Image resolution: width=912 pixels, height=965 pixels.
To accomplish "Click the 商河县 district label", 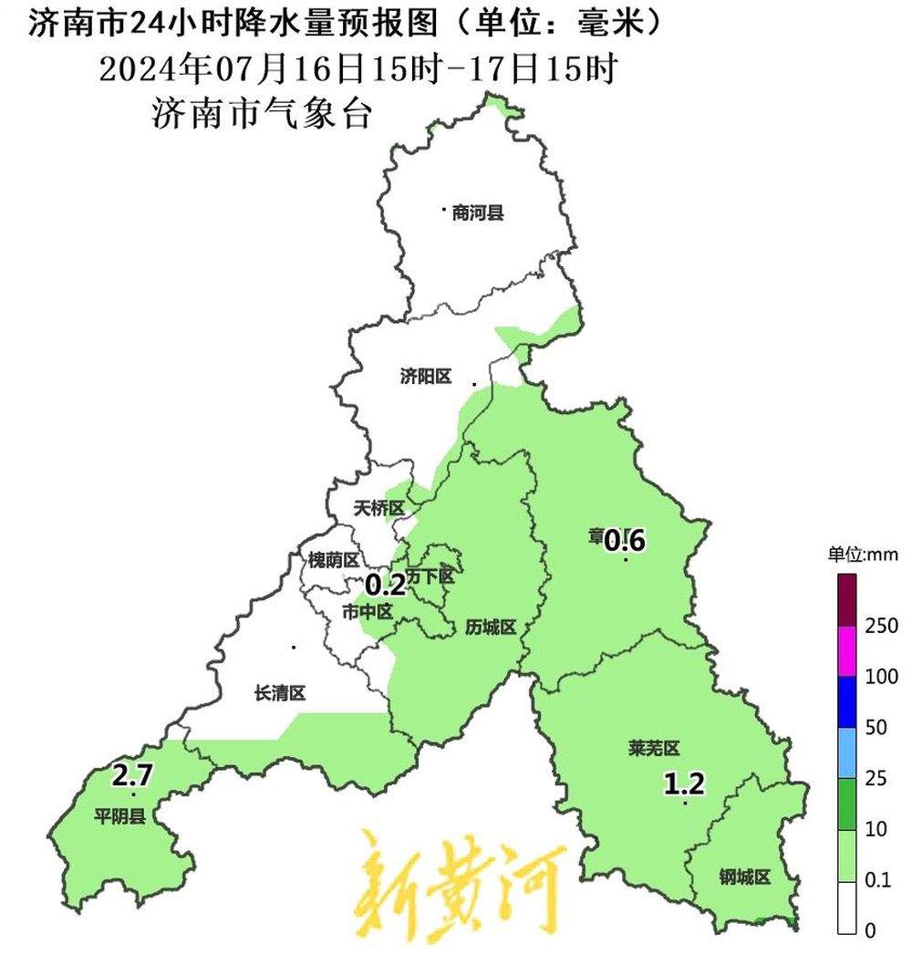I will (x=478, y=214).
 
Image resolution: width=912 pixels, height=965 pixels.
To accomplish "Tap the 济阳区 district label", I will (x=426, y=377).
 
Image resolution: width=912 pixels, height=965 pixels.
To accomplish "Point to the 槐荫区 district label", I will (x=333, y=560).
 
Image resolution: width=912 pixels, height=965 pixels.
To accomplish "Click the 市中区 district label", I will (x=367, y=612).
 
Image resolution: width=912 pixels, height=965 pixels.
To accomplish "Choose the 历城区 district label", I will (x=491, y=628).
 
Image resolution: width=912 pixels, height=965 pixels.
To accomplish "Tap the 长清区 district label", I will (x=279, y=694).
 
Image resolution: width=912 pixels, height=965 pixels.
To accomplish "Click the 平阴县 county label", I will (x=119, y=815).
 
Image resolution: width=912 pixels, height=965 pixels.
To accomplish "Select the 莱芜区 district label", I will (x=654, y=749).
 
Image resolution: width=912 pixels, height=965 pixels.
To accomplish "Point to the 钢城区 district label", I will (x=744, y=877).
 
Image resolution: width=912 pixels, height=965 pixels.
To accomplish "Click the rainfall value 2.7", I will (x=132, y=777).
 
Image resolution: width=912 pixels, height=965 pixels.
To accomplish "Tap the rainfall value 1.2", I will (x=684, y=783).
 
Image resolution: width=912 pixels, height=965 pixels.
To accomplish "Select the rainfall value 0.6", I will (x=626, y=541).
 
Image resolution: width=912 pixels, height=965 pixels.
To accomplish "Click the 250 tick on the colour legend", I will (x=882, y=626).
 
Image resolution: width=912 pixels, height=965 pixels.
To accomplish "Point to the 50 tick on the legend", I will (x=876, y=728).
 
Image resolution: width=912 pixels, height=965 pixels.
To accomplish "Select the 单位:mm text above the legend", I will (x=863, y=554).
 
